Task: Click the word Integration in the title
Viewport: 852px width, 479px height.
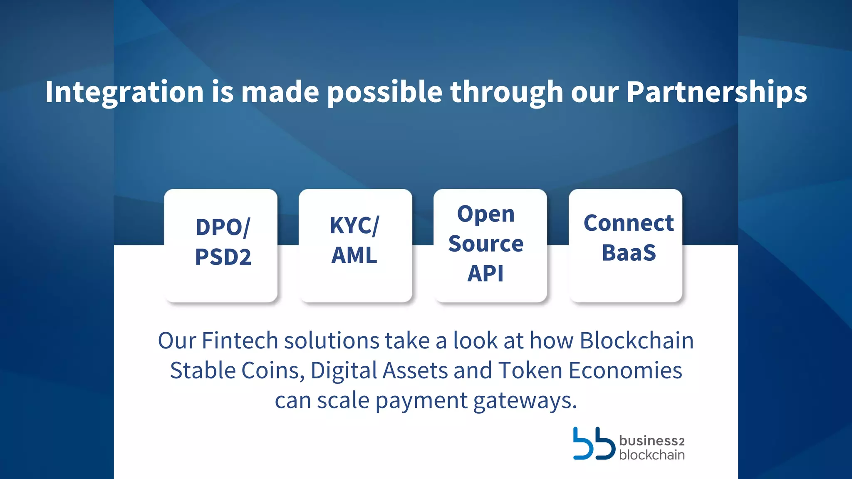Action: click(x=124, y=92)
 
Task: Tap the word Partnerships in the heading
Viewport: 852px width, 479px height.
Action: click(x=716, y=92)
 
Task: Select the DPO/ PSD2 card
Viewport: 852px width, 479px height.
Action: click(x=221, y=245)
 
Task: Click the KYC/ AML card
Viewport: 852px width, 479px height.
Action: click(x=355, y=245)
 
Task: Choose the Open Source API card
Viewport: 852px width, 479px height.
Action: click(x=490, y=245)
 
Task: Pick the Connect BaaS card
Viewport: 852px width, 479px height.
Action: click(x=625, y=245)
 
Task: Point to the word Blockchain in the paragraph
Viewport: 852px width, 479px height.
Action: click(x=637, y=341)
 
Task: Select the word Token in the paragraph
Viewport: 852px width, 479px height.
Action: click(x=530, y=370)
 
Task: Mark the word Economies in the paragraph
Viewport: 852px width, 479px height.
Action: click(x=625, y=370)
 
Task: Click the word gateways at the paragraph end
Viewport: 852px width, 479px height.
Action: click(x=525, y=401)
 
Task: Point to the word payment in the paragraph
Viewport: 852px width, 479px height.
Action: click(x=421, y=401)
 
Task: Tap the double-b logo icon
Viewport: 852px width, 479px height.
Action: click(x=594, y=444)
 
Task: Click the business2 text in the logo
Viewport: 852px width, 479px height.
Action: click(x=651, y=440)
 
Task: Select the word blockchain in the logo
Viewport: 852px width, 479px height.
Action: click(x=651, y=455)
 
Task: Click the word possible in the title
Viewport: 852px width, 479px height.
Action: click(x=384, y=92)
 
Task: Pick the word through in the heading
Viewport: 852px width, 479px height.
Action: click(x=507, y=92)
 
